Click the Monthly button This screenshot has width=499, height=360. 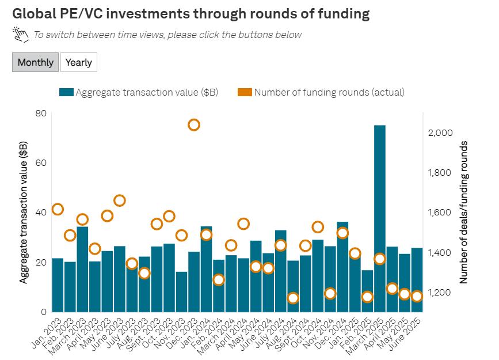pyautogui.click(x=35, y=62)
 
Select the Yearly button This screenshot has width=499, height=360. pyautogui.click(x=79, y=62)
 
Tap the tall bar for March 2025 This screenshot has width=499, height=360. pyautogui.click(x=379, y=219)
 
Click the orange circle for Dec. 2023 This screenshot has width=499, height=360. pyautogui.click(x=194, y=125)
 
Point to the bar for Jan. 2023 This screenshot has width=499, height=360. pyautogui.click(x=58, y=285)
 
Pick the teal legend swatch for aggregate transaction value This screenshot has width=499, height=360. pyautogui.click(x=66, y=92)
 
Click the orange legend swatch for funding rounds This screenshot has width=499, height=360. pyautogui.click(x=245, y=92)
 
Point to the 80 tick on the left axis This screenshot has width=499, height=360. pyautogui.click(x=40, y=113)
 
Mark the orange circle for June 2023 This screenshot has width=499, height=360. pyautogui.click(x=120, y=200)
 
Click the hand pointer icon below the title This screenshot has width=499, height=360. pyautogui.click(x=21, y=35)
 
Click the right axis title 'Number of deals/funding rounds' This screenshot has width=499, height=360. pyautogui.click(x=463, y=212)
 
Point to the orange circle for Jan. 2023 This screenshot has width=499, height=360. pyautogui.click(x=58, y=209)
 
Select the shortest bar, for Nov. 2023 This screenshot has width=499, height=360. pyautogui.click(x=181, y=291)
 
